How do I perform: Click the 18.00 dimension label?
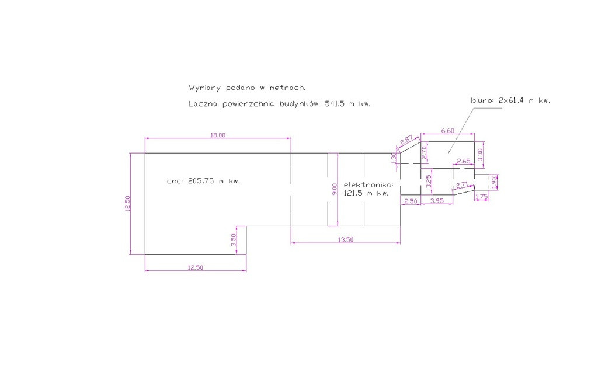[x=218, y=135]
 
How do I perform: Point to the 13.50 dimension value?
[x=346, y=240]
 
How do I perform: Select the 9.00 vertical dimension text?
[x=335, y=189]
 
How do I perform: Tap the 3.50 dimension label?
[x=234, y=240]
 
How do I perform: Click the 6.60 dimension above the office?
[x=448, y=131]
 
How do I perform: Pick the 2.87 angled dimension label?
[x=406, y=140]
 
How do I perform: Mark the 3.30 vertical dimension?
[x=480, y=154]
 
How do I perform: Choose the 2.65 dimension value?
[x=463, y=161]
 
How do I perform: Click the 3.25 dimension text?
[x=429, y=181]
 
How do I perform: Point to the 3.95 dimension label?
[x=437, y=200]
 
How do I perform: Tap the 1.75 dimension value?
[x=482, y=197]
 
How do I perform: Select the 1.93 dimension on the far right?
[x=494, y=182]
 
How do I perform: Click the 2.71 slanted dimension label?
[x=462, y=185]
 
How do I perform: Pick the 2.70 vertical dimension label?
[x=424, y=153]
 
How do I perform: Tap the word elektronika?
[x=369, y=185]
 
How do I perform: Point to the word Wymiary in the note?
[x=204, y=88]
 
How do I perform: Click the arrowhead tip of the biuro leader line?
[x=448, y=153]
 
